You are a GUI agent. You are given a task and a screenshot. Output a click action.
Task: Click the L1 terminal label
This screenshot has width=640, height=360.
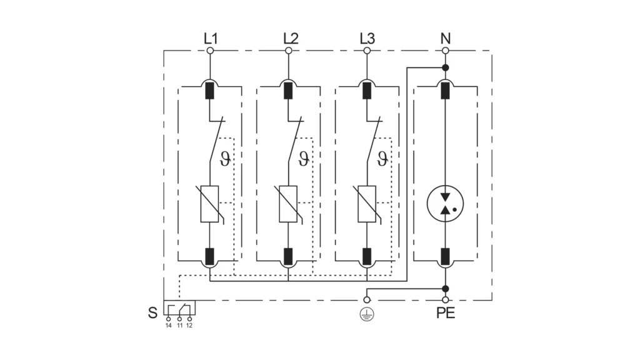click(x=210, y=38)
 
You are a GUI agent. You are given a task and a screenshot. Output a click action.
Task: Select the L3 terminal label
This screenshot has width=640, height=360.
click(x=367, y=38)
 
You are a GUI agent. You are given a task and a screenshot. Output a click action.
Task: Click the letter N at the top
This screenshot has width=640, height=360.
click(x=445, y=38)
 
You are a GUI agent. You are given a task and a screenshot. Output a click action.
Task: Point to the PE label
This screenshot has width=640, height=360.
click(x=445, y=313)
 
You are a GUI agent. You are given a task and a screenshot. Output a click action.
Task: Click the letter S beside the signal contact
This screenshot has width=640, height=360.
click(x=152, y=313)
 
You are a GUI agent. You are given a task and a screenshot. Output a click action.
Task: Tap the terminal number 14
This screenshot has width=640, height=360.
click(x=169, y=326)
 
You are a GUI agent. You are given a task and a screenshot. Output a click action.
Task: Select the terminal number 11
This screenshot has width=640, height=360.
click(x=179, y=326)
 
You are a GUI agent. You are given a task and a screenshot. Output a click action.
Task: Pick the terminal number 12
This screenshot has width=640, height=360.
click(x=189, y=326)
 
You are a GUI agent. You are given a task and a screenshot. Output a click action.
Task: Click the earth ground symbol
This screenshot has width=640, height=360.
click(x=366, y=314)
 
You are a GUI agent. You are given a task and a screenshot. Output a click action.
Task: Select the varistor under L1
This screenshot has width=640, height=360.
click(x=209, y=204)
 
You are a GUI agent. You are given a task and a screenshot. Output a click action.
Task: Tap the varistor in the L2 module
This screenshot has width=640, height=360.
click(x=288, y=204)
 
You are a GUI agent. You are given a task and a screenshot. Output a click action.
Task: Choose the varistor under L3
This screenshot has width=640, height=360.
click(x=367, y=204)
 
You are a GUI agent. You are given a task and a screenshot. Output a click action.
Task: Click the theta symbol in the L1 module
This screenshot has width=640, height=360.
click(x=225, y=158)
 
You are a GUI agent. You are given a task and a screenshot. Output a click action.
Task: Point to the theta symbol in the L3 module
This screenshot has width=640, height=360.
click(x=382, y=158)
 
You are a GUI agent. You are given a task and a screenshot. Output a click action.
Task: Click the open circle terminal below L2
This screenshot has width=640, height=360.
click(x=288, y=51)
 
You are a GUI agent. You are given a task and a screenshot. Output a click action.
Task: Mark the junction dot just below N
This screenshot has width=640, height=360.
click(x=445, y=67)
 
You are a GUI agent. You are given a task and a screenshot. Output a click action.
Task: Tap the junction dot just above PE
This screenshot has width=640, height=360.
click(x=445, y=289)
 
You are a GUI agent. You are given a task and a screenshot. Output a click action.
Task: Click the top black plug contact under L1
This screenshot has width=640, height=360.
click(x=209, y=91)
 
